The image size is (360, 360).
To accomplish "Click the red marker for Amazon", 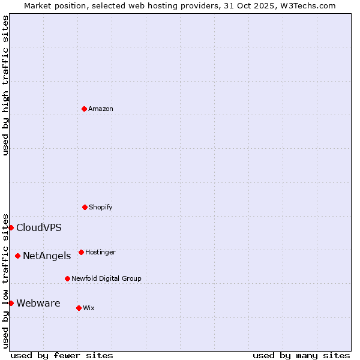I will (84, 109).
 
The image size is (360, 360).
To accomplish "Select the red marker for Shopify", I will (85, 207).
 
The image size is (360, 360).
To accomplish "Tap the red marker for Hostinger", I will (81, 252).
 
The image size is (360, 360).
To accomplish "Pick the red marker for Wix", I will (79, 308).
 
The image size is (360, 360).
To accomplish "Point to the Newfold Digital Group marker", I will (67, 278).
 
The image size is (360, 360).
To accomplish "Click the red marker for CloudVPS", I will (11, 227).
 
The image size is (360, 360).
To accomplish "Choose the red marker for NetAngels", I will (17, 256).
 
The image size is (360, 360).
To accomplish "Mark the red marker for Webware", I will (11, 303).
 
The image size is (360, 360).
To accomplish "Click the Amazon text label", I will (101, 109).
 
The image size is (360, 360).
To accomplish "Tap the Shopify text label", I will (101, 208).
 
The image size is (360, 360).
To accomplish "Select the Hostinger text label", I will (100, 253).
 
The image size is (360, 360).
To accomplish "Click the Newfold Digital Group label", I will (106, 279).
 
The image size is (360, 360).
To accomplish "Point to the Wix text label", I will (89, 308).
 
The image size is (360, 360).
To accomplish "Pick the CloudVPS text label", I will (39, 228).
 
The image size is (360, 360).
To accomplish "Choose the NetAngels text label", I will (47, 256).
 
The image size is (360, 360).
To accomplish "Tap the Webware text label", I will (38, 304).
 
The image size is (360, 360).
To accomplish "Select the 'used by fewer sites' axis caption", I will (62, 355).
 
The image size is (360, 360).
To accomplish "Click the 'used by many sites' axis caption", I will (301, 355).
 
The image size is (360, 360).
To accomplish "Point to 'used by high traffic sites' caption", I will (6, 85).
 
